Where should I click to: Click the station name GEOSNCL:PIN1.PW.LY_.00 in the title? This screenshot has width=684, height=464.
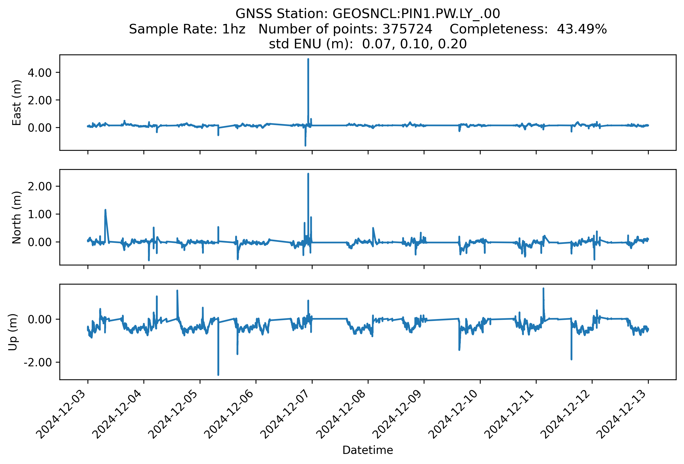[x=416, y=14]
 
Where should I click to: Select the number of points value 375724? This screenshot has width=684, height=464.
[x=407, y=29]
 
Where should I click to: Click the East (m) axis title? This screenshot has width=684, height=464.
[x=16, y=102]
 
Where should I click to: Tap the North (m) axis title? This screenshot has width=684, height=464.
[x=16, y=217]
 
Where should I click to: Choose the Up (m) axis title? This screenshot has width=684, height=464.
[x=13, y=332]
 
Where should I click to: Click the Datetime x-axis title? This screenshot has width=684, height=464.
[x=368, y=450]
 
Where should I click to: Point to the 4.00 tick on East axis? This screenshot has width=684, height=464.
[x=40, y=72]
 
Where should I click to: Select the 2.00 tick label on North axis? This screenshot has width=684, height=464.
[x=40, y=186]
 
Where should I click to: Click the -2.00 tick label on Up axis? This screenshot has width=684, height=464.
[x=38, y=362]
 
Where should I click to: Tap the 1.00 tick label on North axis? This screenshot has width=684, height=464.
[x=40, y=214]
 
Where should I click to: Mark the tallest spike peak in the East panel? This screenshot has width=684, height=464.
[x=308, y=59]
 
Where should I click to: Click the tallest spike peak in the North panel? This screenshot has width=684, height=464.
[x=308, y=174]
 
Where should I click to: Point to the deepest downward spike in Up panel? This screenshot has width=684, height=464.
[x=218, y=375]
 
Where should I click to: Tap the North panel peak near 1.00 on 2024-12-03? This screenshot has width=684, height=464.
[x=105, y=210]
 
